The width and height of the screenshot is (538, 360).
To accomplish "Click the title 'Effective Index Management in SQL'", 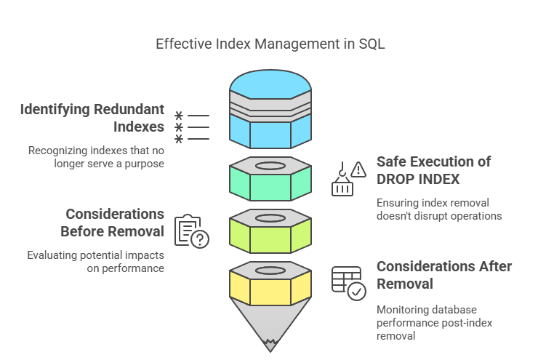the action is pos(270,44).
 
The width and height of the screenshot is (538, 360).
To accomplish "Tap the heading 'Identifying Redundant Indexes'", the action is pos(92,118).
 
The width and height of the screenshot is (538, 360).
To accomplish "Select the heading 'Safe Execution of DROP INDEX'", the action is pos(434,170).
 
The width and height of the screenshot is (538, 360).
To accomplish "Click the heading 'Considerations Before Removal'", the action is pos(112,223).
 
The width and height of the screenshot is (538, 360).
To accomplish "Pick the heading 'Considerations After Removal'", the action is pos(444,275).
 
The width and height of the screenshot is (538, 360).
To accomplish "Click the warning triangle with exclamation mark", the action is pos(358,169).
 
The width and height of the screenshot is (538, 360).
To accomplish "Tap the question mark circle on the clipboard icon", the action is pos(200,239).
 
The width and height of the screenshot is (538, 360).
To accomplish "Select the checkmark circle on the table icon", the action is pos(356,292).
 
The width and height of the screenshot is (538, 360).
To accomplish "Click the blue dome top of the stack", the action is pos(270,84).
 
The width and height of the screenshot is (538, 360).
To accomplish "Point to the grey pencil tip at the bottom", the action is pos(270,326).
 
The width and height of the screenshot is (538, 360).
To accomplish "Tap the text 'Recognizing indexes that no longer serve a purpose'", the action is pos(96,157).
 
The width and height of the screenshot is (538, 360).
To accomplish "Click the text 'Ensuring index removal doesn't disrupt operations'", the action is pos(439,209).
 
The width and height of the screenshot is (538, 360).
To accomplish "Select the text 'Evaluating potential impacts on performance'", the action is pos(95,262).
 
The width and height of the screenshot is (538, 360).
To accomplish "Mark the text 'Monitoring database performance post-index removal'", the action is pos(434,323).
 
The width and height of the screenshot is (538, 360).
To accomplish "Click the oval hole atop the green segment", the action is pos(270,166).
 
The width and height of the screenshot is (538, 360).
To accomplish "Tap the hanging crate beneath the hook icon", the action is pos(342,188).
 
